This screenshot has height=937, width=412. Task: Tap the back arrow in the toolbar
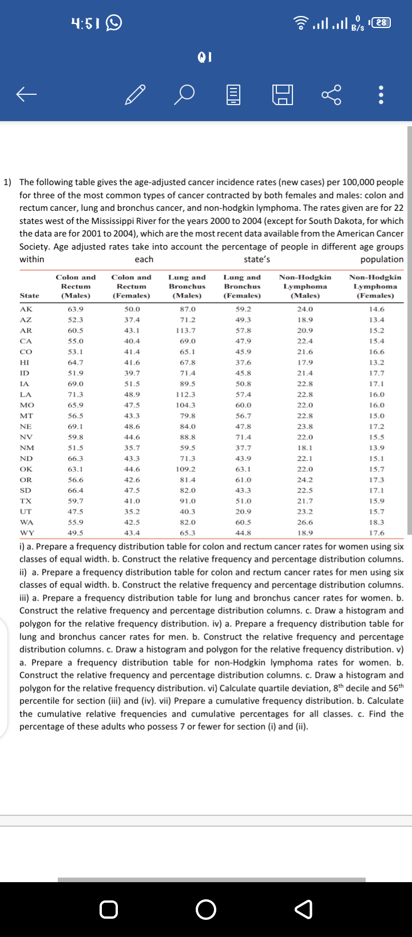click(27, 95)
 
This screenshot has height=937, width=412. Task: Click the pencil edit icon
click(135, 95)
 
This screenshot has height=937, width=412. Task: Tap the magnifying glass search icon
click(184, 95)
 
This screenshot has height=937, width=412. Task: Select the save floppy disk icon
click(282, 95)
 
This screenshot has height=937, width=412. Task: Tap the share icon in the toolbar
click(331, 95)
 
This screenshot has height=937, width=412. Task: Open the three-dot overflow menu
click(381, 95)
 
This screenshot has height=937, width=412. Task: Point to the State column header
click(29, 295)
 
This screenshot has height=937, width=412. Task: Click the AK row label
click(26, 309)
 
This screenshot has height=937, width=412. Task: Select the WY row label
click(26, 533)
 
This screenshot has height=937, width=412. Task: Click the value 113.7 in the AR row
click(187, 330)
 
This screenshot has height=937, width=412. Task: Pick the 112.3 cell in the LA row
click(187, 394)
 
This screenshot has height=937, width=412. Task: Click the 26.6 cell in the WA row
click(305, 522)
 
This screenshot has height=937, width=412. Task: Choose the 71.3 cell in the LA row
click(76, 394)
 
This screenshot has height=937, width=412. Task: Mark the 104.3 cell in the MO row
click(187, 405)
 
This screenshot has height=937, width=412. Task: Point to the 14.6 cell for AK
click(377, 309)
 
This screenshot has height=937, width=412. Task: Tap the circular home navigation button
click(206, 909)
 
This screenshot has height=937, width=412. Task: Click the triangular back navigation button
click(304, 909)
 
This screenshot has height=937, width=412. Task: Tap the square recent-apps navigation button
click(109, 909)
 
